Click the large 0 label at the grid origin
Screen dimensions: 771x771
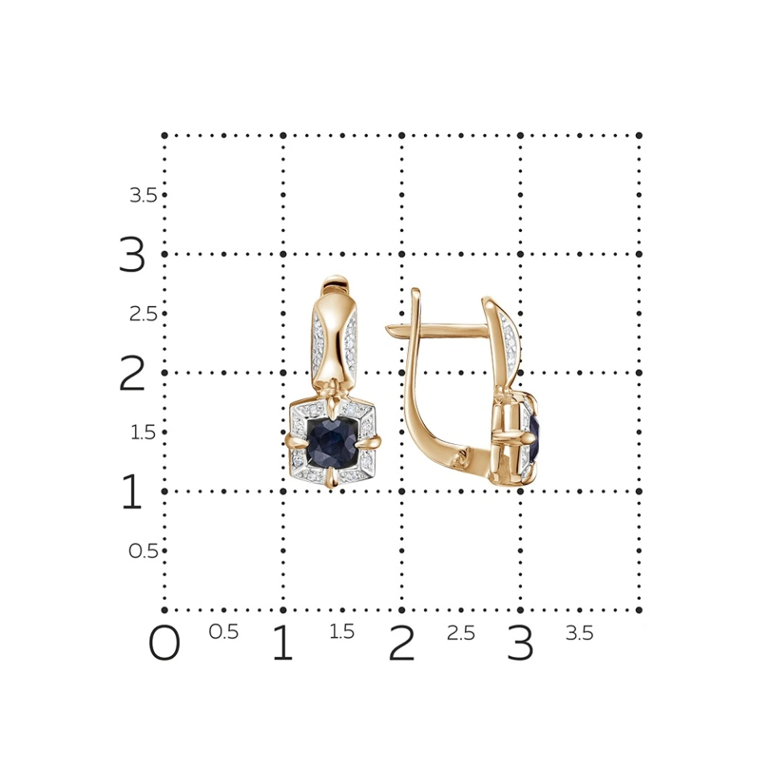pyautogui.click(x=164, y=642)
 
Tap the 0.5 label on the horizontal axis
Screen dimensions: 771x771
pyautogui.click(x=224, y=632)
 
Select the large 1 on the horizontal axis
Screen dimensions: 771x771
pyautogui.click(x=283, y=642)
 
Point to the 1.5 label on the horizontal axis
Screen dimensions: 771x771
pyautogui.click(x=342, y=632)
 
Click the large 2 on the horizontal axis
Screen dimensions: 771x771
pyautogui.click(x=402, y=642)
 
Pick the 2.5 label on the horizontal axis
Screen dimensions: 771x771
pyautogui.click(x=461, y=633)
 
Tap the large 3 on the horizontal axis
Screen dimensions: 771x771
pyautogui.click(x=520, y=642)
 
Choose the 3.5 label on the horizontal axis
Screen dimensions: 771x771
pyautogui.click(x=579, y=633)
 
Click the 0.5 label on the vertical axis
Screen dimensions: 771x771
pyautogui.click(x=143, y=551)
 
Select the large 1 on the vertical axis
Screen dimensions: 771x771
pyautogui.click(x=131, y=492)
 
